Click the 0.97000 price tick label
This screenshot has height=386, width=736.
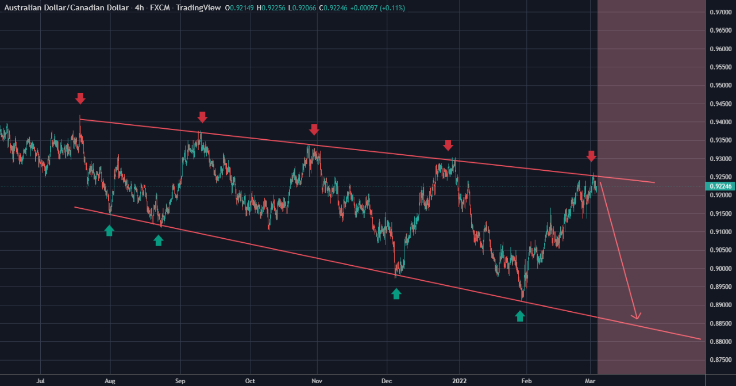pos(720,12)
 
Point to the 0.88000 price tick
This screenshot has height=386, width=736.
pos(720,342)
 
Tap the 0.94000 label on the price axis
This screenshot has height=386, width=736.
pos(720,122)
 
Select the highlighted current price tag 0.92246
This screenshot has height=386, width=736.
pos(720,186)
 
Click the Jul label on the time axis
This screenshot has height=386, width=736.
pos(41,380)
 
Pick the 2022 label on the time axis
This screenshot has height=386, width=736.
pos(459,380)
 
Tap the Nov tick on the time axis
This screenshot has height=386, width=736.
pos(316,380)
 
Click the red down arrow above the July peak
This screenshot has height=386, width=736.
pos(80,98)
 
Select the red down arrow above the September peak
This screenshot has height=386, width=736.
pos(202,117)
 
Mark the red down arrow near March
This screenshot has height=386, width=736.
pos(592,155)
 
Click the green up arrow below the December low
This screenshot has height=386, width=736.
pos(396,294)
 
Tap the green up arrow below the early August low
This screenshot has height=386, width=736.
pos(109,231)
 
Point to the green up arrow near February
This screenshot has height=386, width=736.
pos(520,316)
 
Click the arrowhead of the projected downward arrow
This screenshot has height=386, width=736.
pos(636,316)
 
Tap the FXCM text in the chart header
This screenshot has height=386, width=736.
pos(159,7)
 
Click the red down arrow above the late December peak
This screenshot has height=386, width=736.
pos(448,145)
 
